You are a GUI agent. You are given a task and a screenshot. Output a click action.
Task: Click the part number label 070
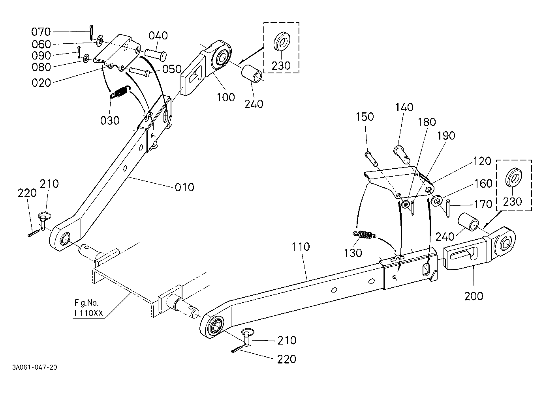[x=41, y=32]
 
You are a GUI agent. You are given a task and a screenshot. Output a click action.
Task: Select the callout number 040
[x=158, y=36]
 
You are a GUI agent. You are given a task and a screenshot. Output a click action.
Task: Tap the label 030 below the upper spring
[x=110, y=121]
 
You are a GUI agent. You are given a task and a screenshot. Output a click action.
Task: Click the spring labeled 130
[x=364, y=235]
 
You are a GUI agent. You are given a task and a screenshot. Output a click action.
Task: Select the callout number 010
[x=184, y=187]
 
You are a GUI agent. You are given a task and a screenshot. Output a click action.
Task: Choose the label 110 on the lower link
[x=301, y=246]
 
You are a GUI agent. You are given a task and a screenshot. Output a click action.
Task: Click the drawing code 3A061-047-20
[x=35, y=367]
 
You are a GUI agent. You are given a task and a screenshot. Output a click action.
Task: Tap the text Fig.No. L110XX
[x=88, y=308]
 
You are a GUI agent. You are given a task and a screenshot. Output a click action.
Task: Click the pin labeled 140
[x=402, y=155]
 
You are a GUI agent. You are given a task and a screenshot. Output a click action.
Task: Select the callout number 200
[x=474, y=296]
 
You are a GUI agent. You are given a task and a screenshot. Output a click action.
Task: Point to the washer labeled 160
[x=437, y=201]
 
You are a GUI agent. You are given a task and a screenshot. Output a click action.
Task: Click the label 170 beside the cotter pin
[x=483, y=204]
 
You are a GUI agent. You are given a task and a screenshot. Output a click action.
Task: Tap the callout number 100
[x=226, y=97]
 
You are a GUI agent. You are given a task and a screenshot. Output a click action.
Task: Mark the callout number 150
[x=365, y=117]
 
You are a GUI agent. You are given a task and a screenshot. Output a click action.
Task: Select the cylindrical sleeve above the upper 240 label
[x=252, y=74]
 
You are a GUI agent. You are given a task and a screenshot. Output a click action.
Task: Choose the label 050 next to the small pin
[x=172, y=69]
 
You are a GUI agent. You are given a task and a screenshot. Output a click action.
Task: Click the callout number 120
[x=482, y=161]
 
